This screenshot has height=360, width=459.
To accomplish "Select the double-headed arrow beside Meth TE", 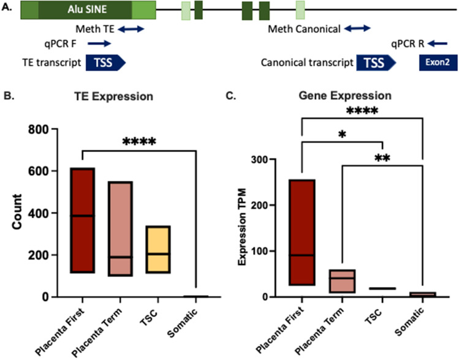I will pos(131,29).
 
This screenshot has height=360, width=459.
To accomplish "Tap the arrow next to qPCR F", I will pos(99,43).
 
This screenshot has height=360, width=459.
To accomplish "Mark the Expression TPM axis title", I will pos(243,228).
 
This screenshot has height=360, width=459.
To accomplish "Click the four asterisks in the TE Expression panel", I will pos(140,143).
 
